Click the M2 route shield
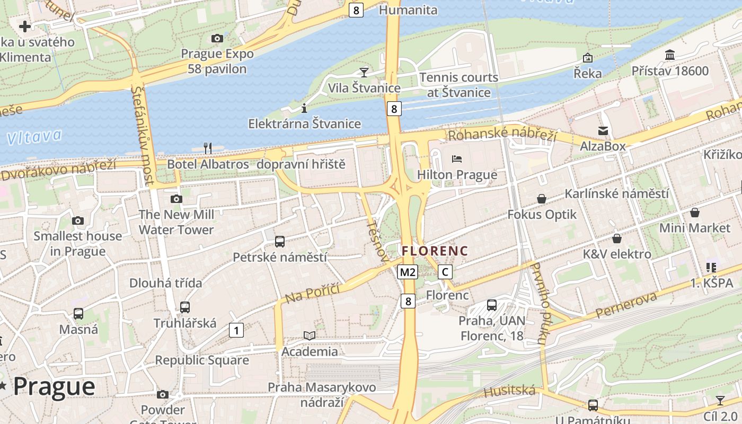coord(408,272)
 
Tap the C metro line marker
coord(445,272)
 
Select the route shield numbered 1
coord(236,331)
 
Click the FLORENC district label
coord(435,251)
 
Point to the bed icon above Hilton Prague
coord(457,159)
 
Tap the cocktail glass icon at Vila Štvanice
coord(364,72)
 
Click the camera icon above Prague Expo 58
coord(217,38)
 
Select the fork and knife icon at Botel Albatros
coord(208,148)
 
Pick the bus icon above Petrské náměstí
coord(280,242)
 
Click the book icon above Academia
coord(310,335)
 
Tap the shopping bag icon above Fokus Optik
coord(542,199)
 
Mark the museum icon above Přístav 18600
coord(670,55)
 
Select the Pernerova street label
coord(626,305)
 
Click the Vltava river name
coord(34,137)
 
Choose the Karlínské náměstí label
coord(616,193)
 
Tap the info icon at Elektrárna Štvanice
coord(304,109)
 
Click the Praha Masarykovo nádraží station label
coord(322,394)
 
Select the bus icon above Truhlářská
coord(185,307)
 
